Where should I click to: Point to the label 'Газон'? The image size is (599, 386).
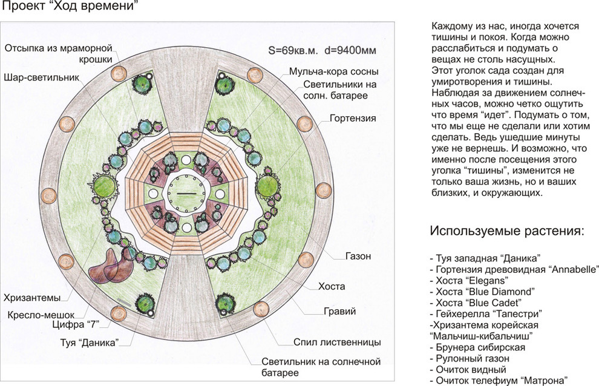tap(358, 256)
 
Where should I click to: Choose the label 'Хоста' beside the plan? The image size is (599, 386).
tap(332, 284)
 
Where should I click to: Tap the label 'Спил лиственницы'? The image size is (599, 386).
tap(336, 342)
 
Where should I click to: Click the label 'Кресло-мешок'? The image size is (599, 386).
tap(40, 315)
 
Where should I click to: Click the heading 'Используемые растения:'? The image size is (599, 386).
tap(507, 231)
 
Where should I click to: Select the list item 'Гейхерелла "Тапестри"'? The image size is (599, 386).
tap(484, 313)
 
